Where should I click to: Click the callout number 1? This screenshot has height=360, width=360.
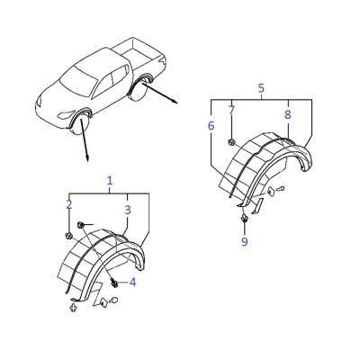tap(110, 181)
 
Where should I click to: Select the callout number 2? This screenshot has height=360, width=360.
tap(69, 205)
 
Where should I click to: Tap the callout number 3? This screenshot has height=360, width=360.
tap(128, 210)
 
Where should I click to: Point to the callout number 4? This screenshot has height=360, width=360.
tap(132, 282)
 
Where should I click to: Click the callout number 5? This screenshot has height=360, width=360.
tap(261, 88)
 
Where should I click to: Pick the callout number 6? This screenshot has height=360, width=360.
tap(211, 126)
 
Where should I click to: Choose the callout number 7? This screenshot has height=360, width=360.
tap(231, 111)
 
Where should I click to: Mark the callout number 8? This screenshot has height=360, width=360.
tap(288, 114)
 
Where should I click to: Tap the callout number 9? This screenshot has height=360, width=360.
tap(245, 241)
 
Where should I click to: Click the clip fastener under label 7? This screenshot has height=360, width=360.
tap(231, 142)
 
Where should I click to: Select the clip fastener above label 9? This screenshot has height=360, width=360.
tap(245, 219)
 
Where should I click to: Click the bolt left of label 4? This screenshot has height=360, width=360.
tap(114, 283)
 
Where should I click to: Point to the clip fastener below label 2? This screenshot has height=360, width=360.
tap(68, 236)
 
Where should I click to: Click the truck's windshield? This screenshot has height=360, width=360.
tap(78, 78)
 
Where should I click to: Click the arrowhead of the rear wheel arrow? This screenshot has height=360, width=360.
tap(175, 102)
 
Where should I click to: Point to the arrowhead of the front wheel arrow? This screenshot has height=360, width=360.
tap(87, 158)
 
